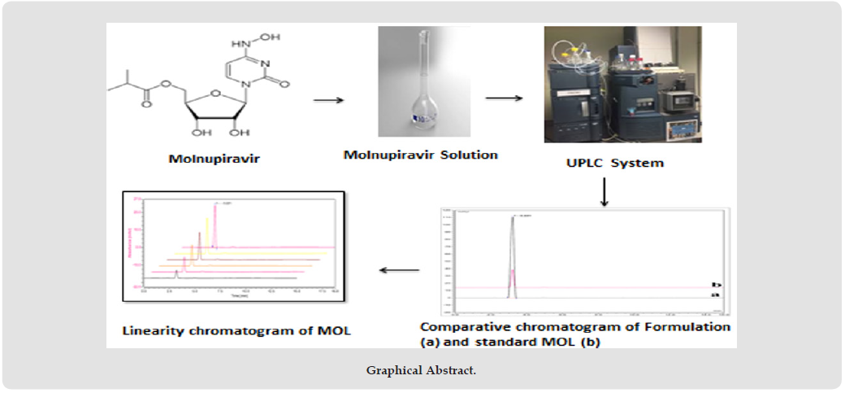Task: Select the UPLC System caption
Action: coord(615,163)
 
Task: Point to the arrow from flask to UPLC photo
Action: coord(503,99)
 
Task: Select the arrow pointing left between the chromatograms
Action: coord(396,271)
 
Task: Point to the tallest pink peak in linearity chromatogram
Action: coord(215,224)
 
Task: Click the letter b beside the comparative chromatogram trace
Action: coord(716,285)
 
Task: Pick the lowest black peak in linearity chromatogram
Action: coord(176,273)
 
